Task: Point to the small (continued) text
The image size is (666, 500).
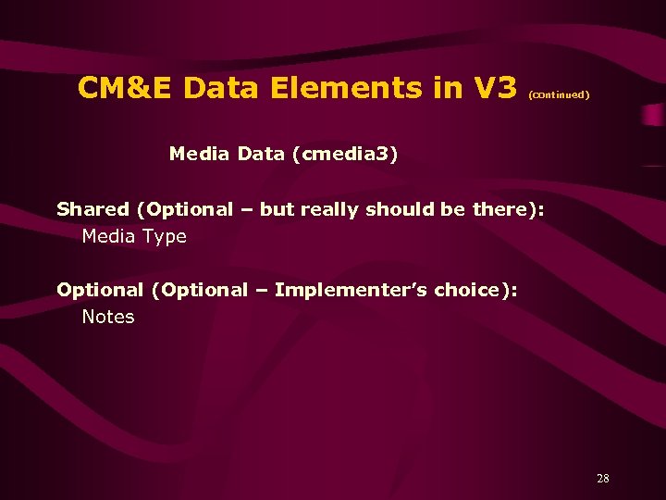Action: pos(559,94)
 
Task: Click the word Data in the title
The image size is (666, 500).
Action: pos(224,88)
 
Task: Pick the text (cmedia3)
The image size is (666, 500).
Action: pos(345,154)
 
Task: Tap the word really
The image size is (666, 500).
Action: pos(328,210)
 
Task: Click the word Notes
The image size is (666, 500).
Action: pos(108,317)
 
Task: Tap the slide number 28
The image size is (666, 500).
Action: pos(603,479)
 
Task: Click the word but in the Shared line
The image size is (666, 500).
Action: pos(276,209)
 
